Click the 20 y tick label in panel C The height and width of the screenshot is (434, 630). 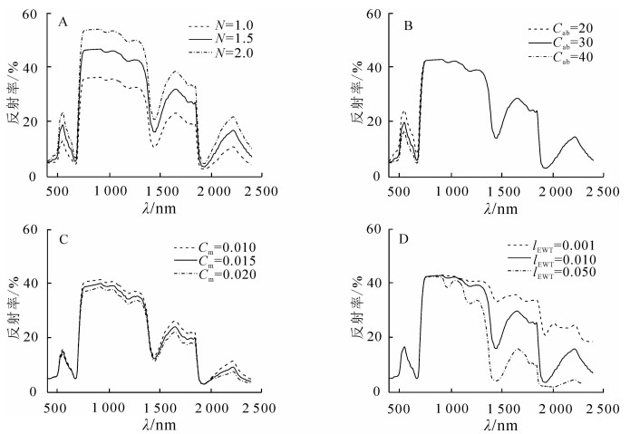pos(29,337)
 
